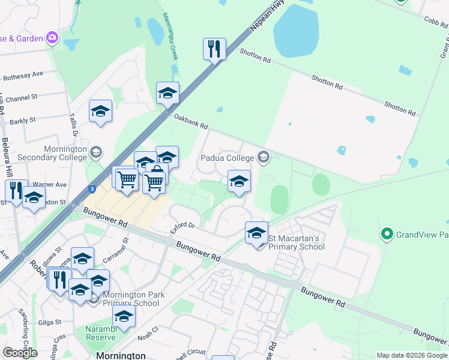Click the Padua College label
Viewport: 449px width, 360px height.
227,158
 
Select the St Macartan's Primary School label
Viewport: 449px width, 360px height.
297,242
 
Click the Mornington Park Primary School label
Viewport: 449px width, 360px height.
131,298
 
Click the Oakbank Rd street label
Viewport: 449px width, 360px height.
190,122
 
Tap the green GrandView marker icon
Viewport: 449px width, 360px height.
387,234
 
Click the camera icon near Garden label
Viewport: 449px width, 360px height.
53,38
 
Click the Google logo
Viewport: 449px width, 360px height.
20,353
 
